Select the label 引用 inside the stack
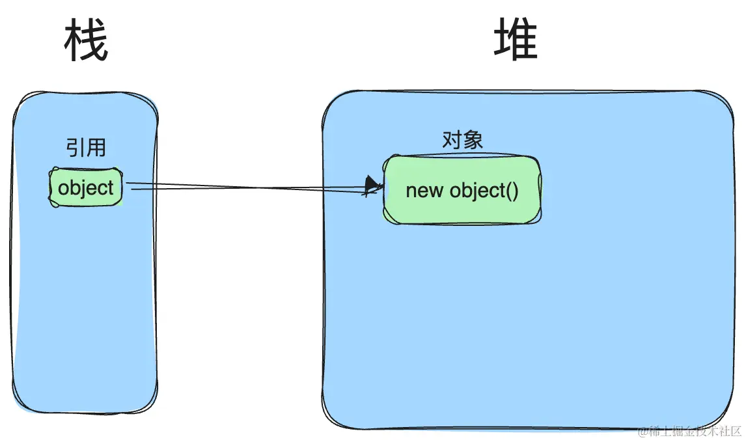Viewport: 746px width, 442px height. tap(85, 147)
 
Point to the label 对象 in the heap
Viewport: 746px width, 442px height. tap(462, 140)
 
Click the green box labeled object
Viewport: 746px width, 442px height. tap(85, 188)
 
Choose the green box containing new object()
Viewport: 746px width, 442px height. tap(462, 191)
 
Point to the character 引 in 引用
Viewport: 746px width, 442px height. tap(76, 147)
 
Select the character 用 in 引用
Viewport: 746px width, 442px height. tap(95, 147)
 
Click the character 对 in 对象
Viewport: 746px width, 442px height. tap(452, 140)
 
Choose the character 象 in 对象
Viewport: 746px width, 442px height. tap(473, 140)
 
